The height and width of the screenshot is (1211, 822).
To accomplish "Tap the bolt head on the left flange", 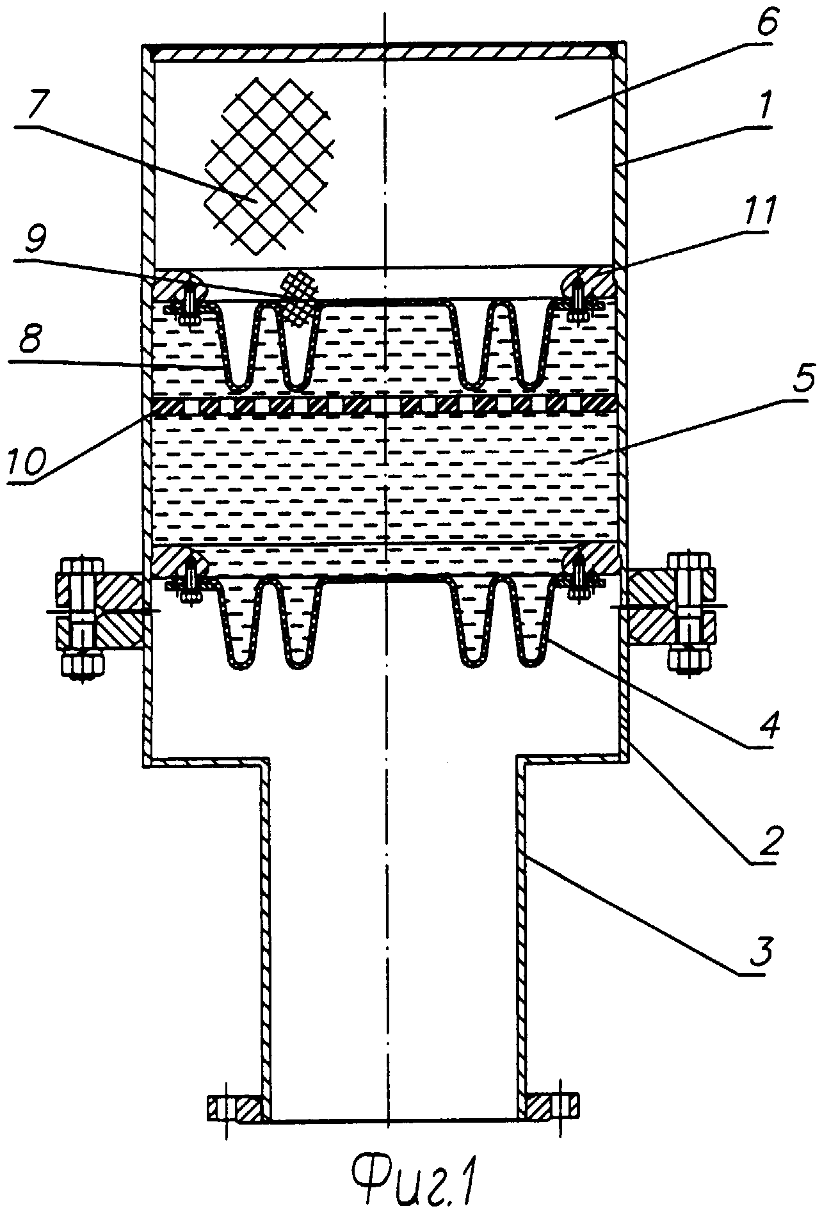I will coord(81,567).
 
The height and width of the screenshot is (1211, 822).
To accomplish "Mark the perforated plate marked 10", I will coord(384,405).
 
